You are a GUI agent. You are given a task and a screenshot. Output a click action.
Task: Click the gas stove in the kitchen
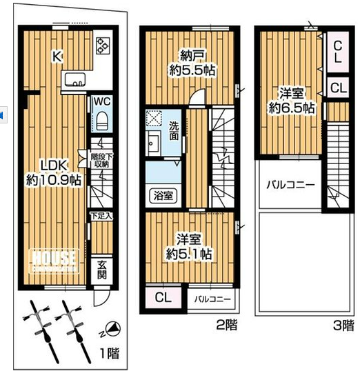[x=103, y=46]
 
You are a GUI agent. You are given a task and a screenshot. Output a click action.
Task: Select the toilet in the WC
[x=102, y=121]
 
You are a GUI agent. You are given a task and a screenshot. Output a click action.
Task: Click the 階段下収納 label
[x=102, y=160]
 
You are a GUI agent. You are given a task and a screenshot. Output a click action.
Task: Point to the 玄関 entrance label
[x=102, y=270]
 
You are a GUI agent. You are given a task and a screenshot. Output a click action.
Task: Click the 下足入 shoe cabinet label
[x=101, y=216]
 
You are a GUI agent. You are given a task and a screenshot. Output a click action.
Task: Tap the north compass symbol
[x=113, y=329]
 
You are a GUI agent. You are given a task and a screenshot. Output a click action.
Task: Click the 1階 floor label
[x=110, y=354]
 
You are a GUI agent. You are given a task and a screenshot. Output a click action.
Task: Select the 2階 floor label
[x=226, y=325]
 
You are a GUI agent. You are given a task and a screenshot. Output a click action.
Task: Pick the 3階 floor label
[x=343, y=325]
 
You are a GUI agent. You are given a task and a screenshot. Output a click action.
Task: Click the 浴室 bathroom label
[x=163, y=196]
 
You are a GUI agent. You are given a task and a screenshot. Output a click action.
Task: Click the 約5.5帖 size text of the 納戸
[x=192, y=70]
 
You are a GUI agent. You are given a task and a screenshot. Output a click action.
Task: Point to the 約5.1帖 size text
[x=189, y=254]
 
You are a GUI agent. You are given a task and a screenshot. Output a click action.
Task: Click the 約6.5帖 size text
[x=292, y=108]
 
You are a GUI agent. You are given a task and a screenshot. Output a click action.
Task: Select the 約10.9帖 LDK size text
[x=54, y=180]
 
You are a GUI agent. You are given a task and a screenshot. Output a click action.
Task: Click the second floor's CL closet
[x=163, y=297]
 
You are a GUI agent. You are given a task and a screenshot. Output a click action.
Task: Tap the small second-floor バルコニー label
[x=212, y=299]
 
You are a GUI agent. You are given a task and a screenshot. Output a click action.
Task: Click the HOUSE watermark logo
[x=54, y=261]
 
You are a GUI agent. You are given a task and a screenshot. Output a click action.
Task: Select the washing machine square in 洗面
[x=154, y=118]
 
